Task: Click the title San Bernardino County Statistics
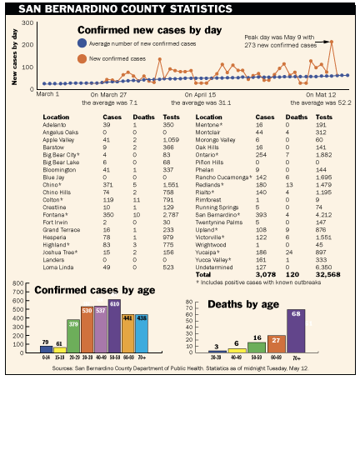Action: click(125, 8)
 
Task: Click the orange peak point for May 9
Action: click(332, 42)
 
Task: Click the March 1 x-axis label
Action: click(47, 95)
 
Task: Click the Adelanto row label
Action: click(56, 124)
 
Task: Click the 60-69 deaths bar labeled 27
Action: click(276, 343)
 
